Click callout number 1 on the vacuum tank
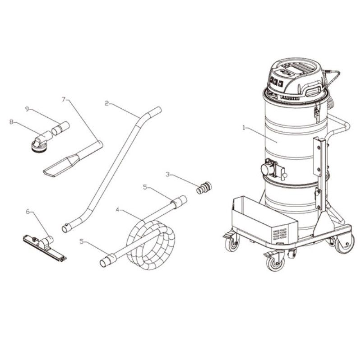244,128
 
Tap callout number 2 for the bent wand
106,103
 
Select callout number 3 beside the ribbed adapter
167,175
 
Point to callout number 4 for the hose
117,210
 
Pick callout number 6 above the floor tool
28,211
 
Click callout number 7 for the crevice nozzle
64,99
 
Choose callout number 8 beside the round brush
11,122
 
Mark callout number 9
27,109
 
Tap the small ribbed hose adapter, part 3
204,188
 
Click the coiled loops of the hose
151,245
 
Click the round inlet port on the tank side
266,171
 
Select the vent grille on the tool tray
279,235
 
